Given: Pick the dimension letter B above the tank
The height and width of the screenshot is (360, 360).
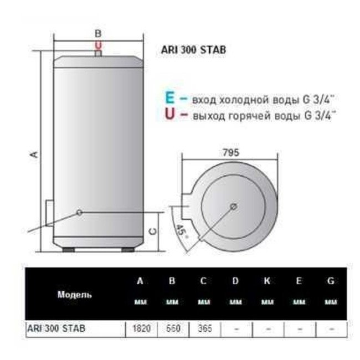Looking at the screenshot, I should (x=99, y=32).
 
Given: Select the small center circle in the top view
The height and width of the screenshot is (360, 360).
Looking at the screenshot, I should (x=233, y=207).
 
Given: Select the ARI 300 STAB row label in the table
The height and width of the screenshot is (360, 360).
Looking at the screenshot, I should (x=56, y=328).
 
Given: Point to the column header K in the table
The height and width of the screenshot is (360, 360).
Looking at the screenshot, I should (x=267, y=281).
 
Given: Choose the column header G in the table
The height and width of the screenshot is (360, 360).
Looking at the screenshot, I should (x=331, y=281).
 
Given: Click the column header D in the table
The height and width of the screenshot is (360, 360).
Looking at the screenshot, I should (x=235, y=281).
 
